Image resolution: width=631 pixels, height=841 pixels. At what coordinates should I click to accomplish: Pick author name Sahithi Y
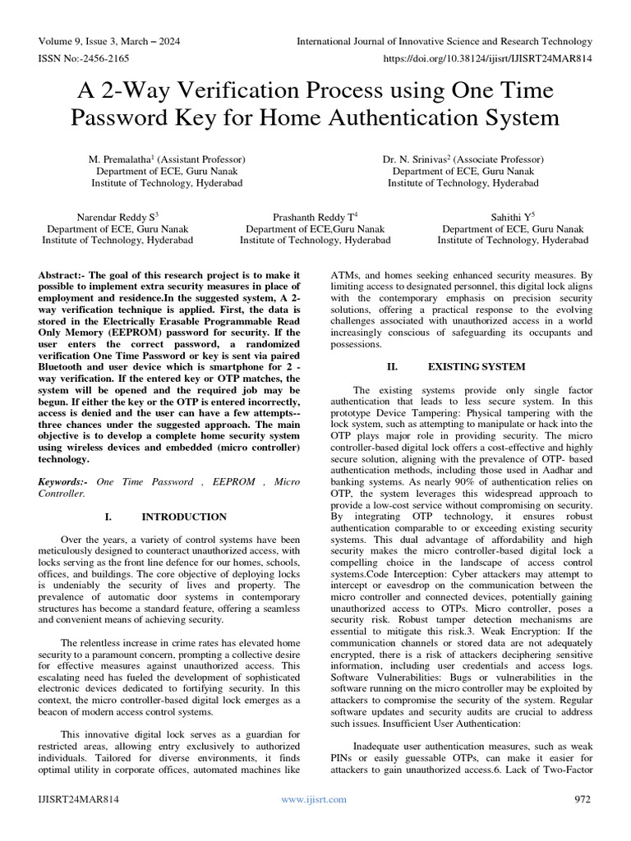click(x=509, y=216)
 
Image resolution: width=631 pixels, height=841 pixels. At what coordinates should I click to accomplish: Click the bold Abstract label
click(x=62, y=273)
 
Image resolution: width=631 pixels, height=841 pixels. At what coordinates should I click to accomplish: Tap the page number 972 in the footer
click(x=583, y=798)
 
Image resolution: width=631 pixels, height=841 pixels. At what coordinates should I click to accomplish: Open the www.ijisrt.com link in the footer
click(x=315, y=798)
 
